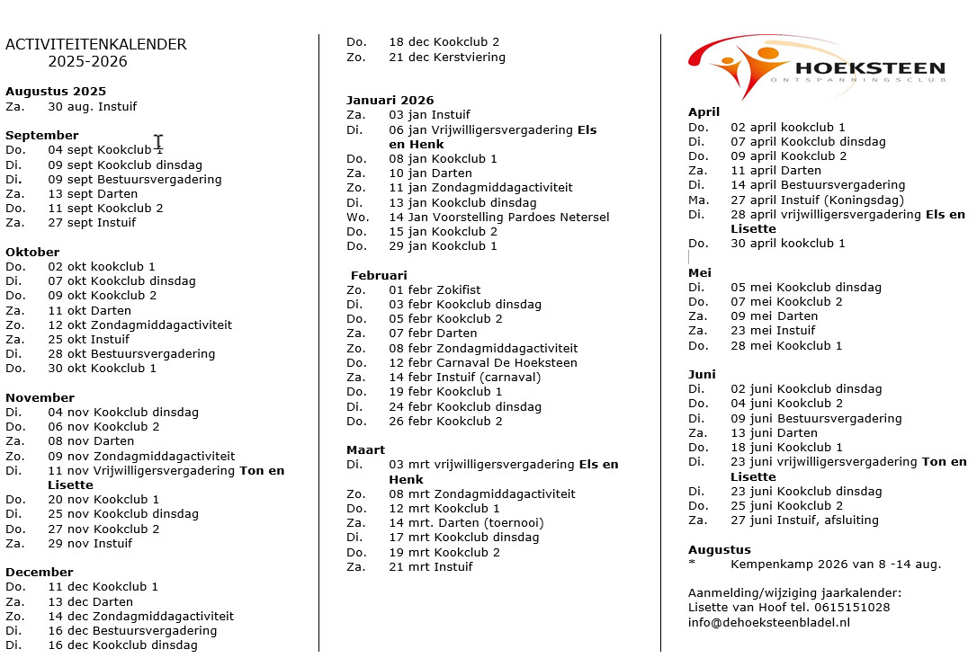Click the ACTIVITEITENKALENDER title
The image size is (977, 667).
click(96, 44)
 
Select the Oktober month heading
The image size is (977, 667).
click(32, 252)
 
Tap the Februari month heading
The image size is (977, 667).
click(379, 275)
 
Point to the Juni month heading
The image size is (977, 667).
click(702, 374)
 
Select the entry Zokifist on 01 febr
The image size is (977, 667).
click(459, 289)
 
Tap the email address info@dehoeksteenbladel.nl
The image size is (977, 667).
click(768, 621)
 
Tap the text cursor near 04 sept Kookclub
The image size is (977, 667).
click(158, 142)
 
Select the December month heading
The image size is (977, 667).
click(40, 572)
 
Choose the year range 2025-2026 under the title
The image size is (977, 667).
click(88, 61)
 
